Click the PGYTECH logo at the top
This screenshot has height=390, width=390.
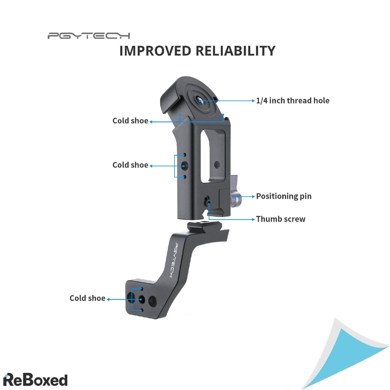(x=89, y=36)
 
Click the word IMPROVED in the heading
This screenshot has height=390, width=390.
(x=155, y=51)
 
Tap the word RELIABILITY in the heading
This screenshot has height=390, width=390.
(x=235, y=51)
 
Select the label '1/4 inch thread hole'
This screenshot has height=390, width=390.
(x=292, y=101)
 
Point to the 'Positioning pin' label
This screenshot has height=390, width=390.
(x=283, y=196)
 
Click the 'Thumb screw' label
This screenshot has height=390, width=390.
(x=280, y=219)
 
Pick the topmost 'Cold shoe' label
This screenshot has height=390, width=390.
(x=130, y=121)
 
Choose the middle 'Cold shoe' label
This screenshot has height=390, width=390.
(x=130, y=165)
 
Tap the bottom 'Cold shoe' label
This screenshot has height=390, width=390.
(x=87, y=298)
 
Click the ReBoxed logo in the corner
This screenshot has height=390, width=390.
(x=35, y=380)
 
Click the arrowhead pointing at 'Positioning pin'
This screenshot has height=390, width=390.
(x=253, y=197)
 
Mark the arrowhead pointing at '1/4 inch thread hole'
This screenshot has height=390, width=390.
(x=253, y=101)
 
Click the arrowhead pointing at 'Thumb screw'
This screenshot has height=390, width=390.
(x=253, y=219)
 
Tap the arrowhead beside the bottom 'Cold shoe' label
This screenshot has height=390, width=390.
(x=109, y=299)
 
